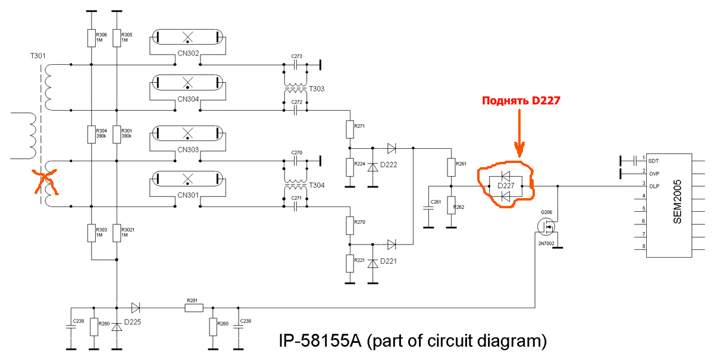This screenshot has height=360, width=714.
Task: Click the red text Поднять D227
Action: tap(521, 101)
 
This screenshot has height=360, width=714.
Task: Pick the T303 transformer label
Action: tap(317, 89)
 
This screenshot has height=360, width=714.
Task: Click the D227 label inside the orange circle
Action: tap(505, 186)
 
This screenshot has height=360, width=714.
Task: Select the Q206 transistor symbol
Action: tap(546, 226)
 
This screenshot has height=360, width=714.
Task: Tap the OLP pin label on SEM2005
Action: tap(654, 186)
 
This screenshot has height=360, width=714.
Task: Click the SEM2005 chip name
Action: tap(678, 205)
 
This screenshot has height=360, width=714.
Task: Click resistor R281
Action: tap(195, 308)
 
